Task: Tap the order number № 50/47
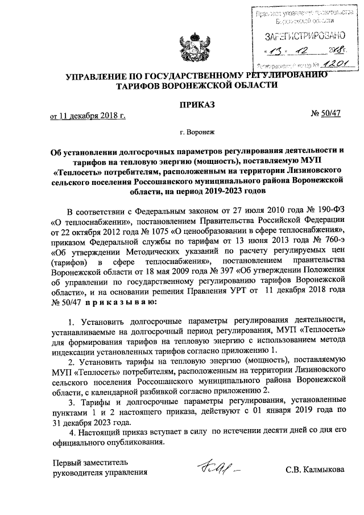(326, 115)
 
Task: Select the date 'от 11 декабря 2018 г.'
(88, 116)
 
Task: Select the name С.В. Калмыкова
(315, 471)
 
